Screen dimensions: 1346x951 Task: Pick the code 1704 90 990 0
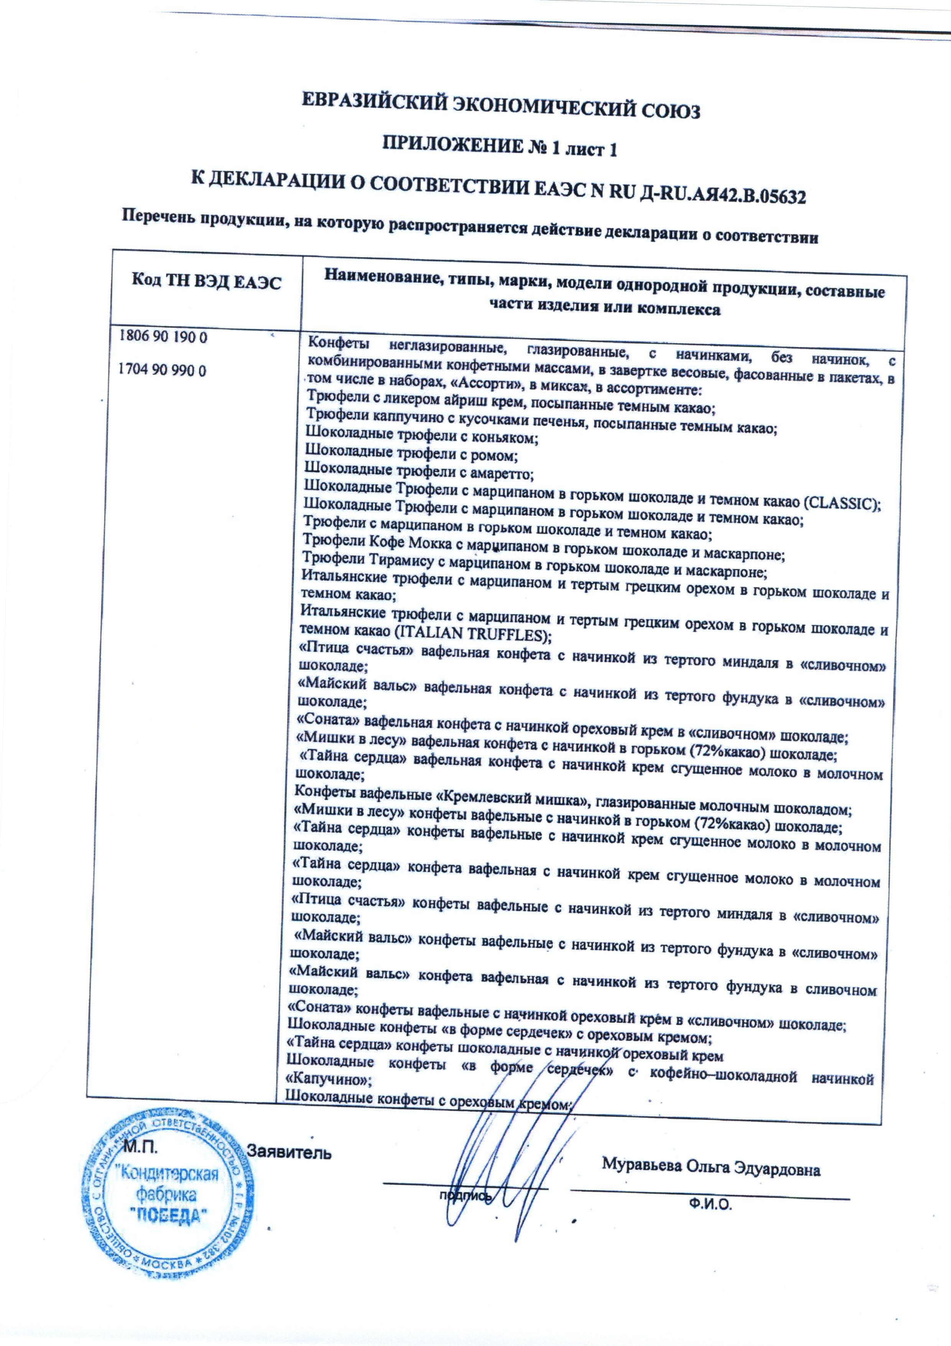(x=164, y=371)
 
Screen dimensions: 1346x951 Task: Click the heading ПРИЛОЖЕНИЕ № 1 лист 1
(x=500, y=151)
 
